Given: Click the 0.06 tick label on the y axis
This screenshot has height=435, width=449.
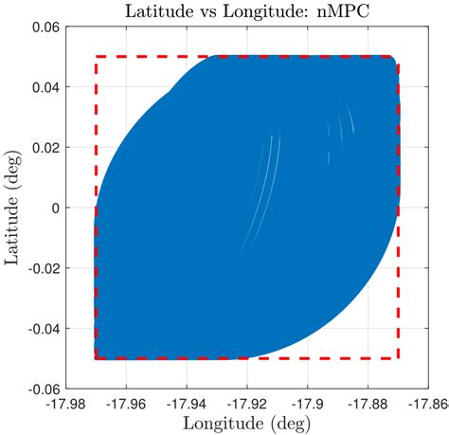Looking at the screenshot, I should tap(47, 27).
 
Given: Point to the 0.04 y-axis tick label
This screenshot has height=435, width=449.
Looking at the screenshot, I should tap(47, 87).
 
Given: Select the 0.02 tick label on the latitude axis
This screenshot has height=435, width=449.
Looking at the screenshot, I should tap(47, 148).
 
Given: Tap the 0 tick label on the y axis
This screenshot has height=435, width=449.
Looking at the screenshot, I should tap(56, 208).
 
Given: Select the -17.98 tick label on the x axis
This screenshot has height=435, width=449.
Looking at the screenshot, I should tap(66, 403).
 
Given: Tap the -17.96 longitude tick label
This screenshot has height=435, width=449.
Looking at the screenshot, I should tap(127, 403).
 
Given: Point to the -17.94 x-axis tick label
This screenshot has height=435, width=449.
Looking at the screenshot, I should tap(188, 403).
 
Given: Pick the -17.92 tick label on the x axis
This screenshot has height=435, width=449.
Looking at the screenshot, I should tap(248, 403).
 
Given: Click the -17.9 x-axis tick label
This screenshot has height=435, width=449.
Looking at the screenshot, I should tap(308, 403).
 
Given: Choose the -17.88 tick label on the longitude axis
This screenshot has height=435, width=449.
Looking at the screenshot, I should tap(368, 403).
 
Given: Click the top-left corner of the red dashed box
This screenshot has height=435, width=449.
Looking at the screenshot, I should tap(97, 58).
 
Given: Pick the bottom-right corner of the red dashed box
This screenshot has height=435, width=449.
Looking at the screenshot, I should tap(398, 358).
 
